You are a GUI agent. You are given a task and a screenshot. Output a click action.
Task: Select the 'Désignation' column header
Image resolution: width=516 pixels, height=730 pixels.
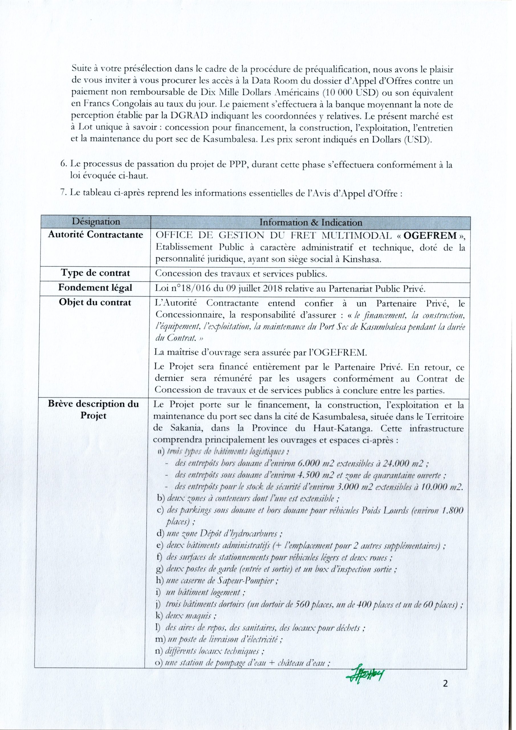click(96, 222)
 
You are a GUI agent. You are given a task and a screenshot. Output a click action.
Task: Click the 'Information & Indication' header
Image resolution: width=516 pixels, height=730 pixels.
click(311, 222)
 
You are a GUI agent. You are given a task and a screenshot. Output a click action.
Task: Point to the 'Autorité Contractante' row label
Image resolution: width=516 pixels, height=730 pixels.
click(96, 235)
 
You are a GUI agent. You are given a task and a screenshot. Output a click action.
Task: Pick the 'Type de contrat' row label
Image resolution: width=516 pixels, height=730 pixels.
click(96, 273)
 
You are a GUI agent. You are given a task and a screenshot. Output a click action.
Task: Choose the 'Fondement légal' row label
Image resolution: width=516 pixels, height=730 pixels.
click(96, 288)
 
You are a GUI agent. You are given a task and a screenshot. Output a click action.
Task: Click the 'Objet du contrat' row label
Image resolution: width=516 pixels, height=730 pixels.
click(96, 302)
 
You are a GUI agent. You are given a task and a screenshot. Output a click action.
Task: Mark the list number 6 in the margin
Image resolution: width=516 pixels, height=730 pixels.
click(63, 165)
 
